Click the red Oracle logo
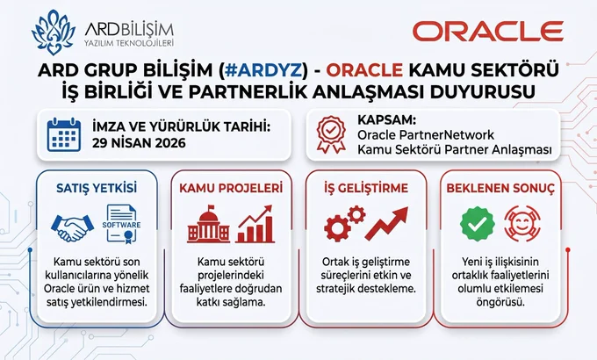(x=488, y=32)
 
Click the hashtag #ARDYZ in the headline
(x=265, y=69)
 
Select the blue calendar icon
(x=64, y=135)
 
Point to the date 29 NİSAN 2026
(x=139, y=143)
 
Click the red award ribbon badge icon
(x=331, y=135)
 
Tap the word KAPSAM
(x=385, y=119)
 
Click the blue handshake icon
(x=72, y=227)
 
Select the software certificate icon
(x=121, y=224)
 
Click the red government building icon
(x=208, y=225)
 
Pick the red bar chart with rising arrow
(x=255, y=224)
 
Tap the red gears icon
(x=344, y=223)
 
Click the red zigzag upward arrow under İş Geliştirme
(x=386, y=223)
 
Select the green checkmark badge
(x=478, y=224)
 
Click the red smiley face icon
(x=522, y=224)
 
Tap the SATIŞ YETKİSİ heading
(x=97, y=188)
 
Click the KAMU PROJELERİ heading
(x=231, y=188)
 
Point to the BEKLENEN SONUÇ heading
(x=500, y=188)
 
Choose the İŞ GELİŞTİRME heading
(x=366, y=188)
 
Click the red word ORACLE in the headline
(x=364, y=69)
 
